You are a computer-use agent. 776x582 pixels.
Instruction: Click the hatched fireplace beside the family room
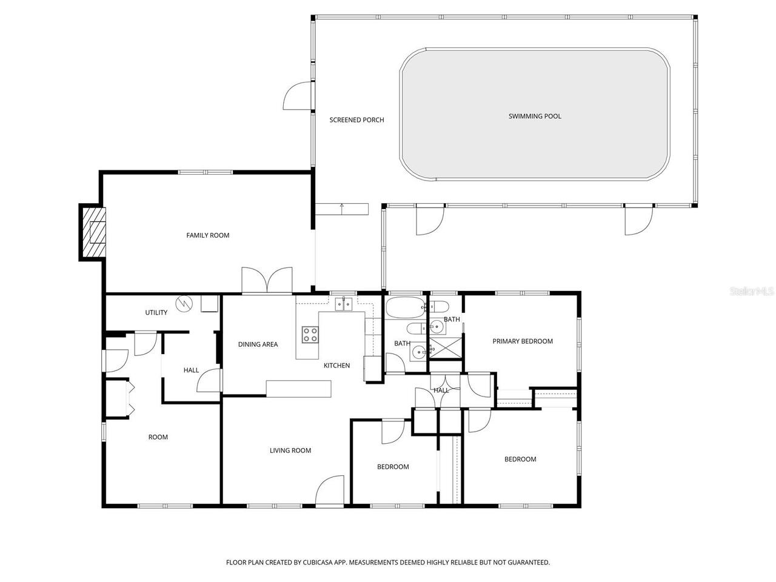[93, 233]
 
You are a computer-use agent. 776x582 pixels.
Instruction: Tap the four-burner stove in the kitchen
[310, 334]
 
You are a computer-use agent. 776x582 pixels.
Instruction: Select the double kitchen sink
[344, 304]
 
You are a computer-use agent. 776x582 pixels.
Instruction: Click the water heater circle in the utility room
[183, 303]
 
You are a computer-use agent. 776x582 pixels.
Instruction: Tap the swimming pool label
[535, 116]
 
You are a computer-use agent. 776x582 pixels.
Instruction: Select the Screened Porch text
[356, 120]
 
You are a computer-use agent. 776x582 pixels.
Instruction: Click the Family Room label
[207, 235]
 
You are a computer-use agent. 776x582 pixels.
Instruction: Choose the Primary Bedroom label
[522, 341]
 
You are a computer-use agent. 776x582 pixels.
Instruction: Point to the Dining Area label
[258, 344]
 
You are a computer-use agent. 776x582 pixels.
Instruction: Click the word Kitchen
[336, 366]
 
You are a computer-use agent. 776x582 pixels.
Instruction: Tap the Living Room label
[290, 450]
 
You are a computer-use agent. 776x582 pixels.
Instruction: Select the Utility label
[156, 313]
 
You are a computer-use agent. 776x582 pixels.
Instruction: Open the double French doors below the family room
[267, 281]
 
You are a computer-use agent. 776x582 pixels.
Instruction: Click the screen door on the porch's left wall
[298, 96]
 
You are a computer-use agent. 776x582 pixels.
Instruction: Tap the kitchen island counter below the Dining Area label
[299, 389]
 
